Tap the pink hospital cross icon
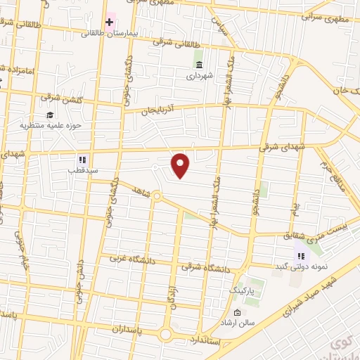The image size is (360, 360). click(x=109, y=20)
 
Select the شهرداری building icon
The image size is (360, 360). click(x=199, y=64)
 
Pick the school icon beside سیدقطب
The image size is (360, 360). click(x=82, y=159)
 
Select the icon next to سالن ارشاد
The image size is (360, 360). click(x=237, y=312)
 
